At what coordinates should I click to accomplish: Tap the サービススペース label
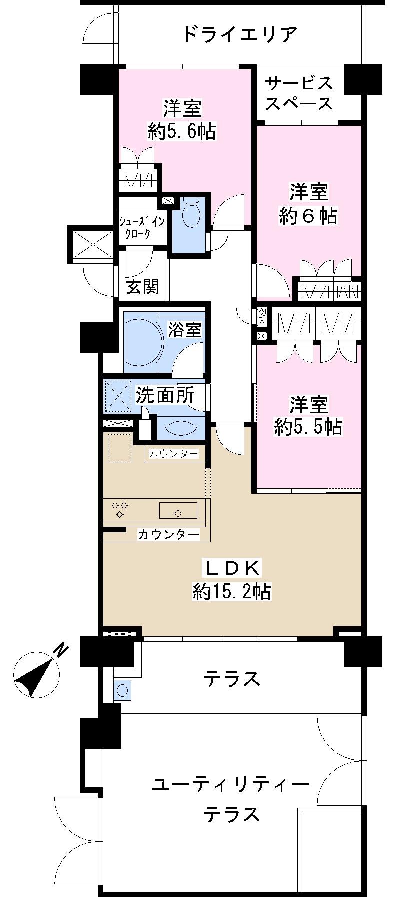click(x=298, y=93)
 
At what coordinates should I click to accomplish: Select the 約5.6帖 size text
click(x=182, y=131)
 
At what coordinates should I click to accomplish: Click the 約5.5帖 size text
click(x=308, y=427)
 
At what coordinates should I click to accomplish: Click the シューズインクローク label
click(x=141, y=227)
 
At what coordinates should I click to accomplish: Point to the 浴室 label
click(x=184, y=330)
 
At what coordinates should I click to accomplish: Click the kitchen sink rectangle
click(x=178, y=510)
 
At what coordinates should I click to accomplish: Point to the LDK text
click(x=231, y=568)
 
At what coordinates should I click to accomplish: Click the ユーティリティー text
click(x=231, y=783)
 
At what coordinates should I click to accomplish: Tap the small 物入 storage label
click(x=261, y=317)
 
